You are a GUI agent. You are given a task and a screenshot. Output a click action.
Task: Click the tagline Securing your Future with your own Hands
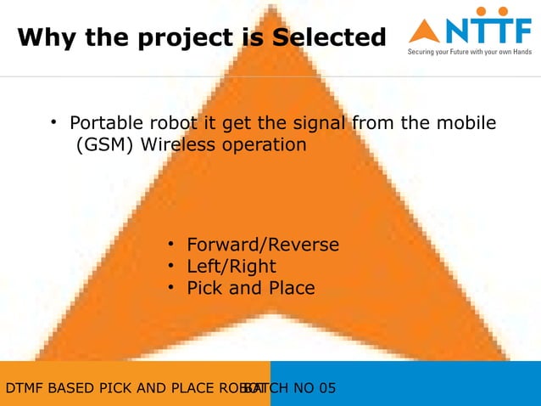pyautogui.click(x=470, y=52)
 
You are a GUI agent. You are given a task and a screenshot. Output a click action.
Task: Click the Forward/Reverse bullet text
pyautogui.click(x=263, y=245)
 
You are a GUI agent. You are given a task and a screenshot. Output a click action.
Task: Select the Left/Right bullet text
pyautogui.click(x=231, y=267)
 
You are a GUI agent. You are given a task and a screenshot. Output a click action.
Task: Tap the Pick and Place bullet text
pyautogui.click(x=251, y=289)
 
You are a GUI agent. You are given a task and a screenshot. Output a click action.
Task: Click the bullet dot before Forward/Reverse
pyautogui.click(x=170, y=245)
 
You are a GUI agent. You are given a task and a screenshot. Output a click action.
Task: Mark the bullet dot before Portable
pyautogui.click(x=53, y=122)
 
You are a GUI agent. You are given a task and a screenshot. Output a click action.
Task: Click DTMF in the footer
pyautogui.click(x=24, y=389)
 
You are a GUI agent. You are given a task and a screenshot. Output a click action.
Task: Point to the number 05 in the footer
pyautogui.click(x=326, y=389)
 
